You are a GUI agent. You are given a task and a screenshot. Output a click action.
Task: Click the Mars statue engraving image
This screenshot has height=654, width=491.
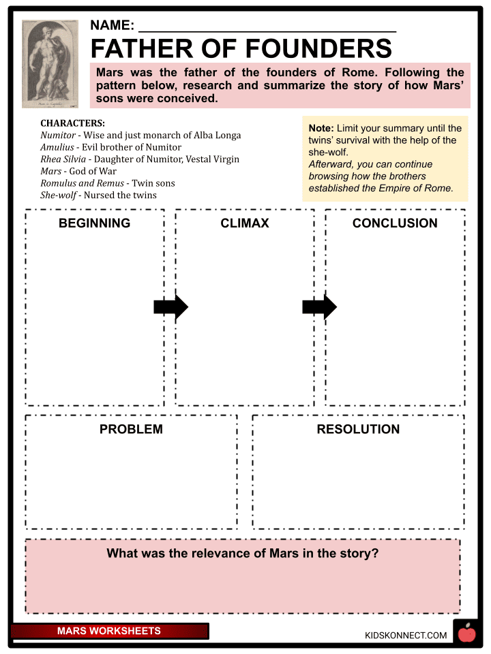(x=50, y=63)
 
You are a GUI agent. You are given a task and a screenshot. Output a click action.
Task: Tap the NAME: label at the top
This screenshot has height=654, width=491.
(x=112, y=26)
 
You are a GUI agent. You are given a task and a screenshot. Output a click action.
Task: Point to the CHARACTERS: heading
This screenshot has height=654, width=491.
(x=72, y=123)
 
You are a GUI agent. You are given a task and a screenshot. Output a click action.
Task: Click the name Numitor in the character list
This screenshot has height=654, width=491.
(x=58, y=135)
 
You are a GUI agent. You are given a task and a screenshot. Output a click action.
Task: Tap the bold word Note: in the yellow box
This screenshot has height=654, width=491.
(x=321, y=128)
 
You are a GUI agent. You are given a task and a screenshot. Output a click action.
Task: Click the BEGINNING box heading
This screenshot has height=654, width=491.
(x=94, y=223)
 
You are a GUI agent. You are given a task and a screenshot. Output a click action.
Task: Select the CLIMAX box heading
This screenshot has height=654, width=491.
(x=245, y=223)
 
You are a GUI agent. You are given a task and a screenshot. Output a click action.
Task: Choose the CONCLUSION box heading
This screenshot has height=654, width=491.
(x=395, y=223)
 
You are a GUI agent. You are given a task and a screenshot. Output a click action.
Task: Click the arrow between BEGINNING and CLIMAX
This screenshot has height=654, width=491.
(x=170, y=307)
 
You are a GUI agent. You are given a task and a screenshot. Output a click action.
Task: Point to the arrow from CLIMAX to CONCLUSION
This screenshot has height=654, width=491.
(x=319, y=307)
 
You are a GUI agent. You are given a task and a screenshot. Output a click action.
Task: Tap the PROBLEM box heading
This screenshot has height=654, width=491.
(x=131, y=429)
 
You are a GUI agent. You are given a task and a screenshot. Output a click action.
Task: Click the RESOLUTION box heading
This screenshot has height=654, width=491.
(x=358, y=429)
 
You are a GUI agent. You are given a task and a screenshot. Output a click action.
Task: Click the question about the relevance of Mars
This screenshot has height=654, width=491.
(x=242, y=554)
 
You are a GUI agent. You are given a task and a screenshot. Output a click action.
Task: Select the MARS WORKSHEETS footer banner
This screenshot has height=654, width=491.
(x=109, y=632)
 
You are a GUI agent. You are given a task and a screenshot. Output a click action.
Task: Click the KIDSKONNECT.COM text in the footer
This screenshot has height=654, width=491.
(x=406, y=635)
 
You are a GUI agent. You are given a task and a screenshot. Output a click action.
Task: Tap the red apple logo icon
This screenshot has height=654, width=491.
(x=466, y=634)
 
